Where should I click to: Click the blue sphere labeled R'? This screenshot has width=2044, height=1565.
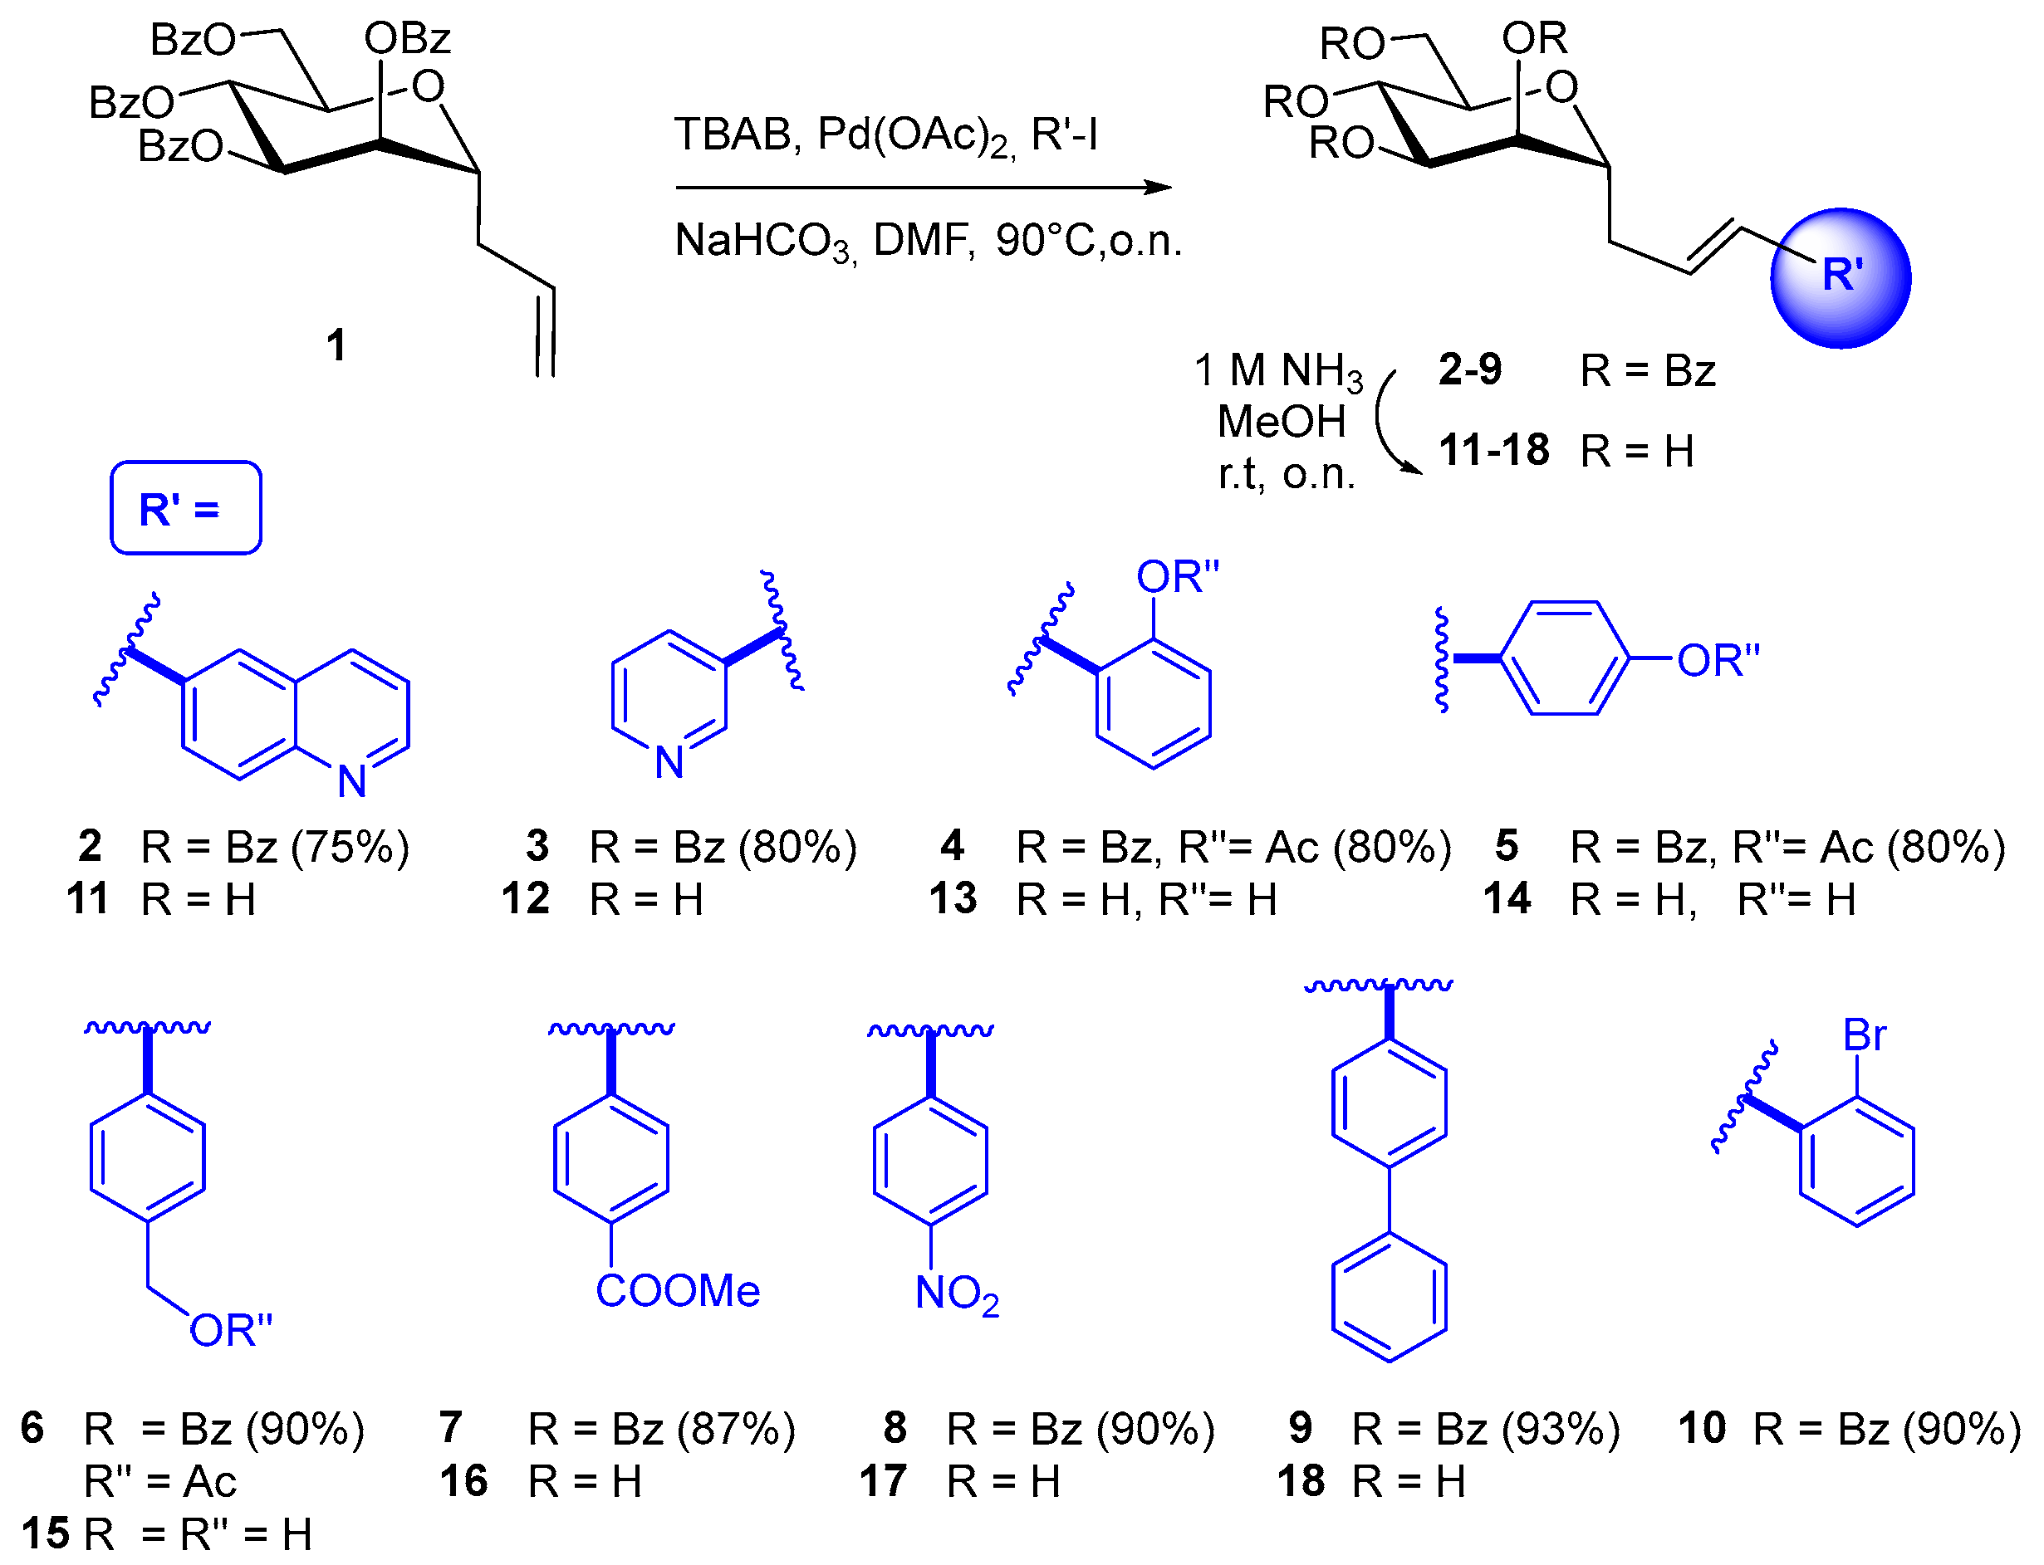pos(1839,277)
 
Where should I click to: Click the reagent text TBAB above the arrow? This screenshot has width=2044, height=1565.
pos(733,134)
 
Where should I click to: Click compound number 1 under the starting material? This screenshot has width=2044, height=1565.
pos(336,345)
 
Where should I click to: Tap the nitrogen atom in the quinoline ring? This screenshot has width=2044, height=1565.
pos(351,781)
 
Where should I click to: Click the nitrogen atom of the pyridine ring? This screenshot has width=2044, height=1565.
pos(669,763)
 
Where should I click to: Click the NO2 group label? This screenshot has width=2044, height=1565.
pos(957,1293)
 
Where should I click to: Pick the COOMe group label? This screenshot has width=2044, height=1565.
pos(677,1291)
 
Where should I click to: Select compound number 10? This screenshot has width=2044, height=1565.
pos(1701,1428)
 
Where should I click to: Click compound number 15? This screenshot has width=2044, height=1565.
pos(45,1533)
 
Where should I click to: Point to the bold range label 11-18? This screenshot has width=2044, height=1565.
pos(1493,450)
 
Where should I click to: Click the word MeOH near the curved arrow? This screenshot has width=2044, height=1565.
pos(1281,422)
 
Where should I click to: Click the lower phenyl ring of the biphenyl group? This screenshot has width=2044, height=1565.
pos(1388,1298)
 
